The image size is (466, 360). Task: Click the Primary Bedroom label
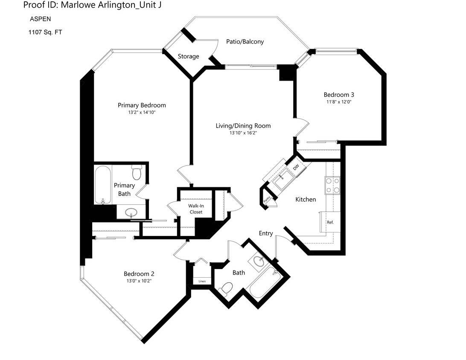pyautogui.click(x=142, y=105)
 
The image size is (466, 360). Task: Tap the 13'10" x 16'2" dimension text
pyautogui.click(x=243, y=133)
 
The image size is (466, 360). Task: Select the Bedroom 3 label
pyautogui.click(x=339, y=95)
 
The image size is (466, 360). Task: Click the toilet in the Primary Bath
pyautogui.click(x=137, y=172)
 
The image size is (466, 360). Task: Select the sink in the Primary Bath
pyautogui.click(x=131, y=212)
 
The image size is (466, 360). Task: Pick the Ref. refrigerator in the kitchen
pyautogui.click(x=330, y=222)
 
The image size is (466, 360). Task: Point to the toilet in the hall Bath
pyautogui.click(x=226, y=288)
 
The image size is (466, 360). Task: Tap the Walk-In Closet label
pyautogui.click(x=196, y=209)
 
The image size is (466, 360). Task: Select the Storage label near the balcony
pyautogui.click(x=188, y=56)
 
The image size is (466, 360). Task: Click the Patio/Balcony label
pyautogui.click(x=245, y=42)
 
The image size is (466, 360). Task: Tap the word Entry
pyautogui.click(x=265, y=233)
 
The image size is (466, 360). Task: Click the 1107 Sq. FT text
pyautogui.click(x=45, y=32)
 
